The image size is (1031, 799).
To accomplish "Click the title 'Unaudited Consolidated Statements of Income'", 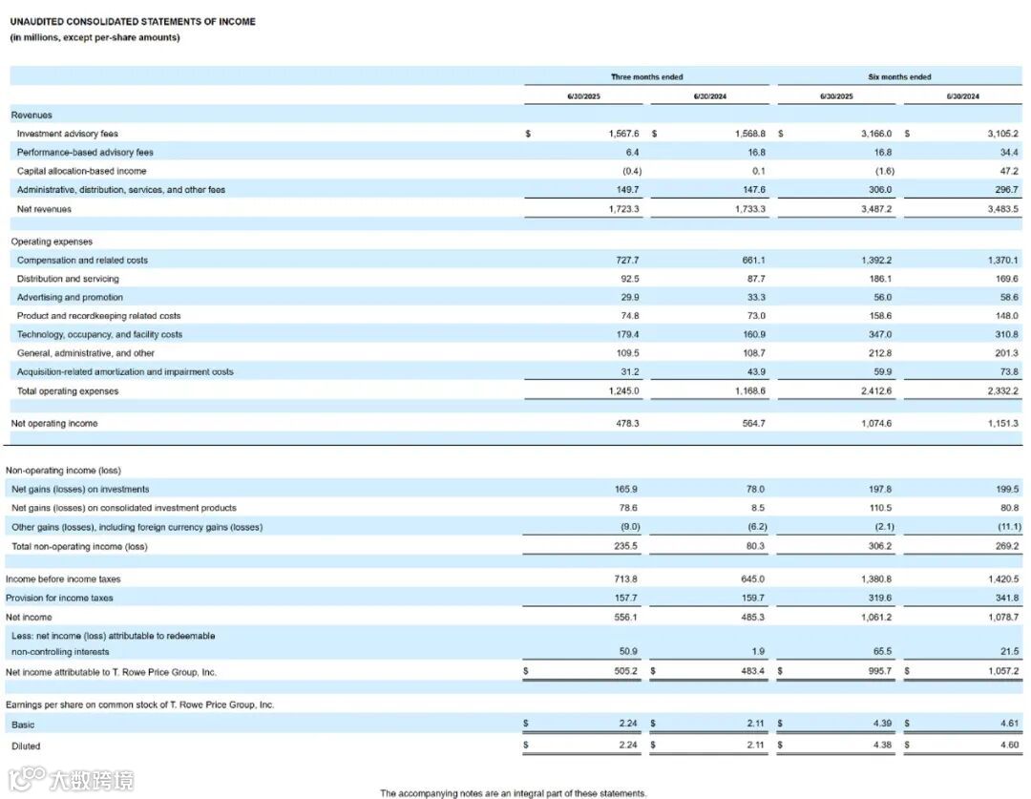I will (133, 21).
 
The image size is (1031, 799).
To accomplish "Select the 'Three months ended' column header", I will (646, 76).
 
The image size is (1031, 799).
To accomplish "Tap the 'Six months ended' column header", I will (900, 76).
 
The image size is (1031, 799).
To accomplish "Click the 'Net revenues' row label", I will (44, 208).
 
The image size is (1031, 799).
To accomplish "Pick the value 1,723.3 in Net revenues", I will (623, 208).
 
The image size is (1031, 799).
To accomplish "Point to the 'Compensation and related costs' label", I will (82, 260).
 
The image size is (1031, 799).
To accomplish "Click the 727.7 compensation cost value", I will (624, 260).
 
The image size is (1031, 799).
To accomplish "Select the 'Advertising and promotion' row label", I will (70, 297).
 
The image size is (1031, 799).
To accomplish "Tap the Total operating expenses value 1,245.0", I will (623, 390).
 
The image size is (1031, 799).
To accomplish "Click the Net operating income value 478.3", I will (624, 423).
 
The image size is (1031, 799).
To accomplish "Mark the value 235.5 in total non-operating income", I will (624, 546).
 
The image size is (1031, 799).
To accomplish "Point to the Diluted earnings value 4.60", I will (1007, 746).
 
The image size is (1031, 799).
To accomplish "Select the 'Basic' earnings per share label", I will (23, 725).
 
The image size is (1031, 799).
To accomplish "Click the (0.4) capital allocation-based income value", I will (630, 171).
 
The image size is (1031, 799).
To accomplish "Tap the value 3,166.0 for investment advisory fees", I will (876, 134).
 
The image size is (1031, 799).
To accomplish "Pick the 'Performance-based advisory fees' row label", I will (85, 152).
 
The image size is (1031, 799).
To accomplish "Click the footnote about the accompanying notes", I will (513, 792).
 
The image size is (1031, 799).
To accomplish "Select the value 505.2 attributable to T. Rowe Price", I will (624, 672).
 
